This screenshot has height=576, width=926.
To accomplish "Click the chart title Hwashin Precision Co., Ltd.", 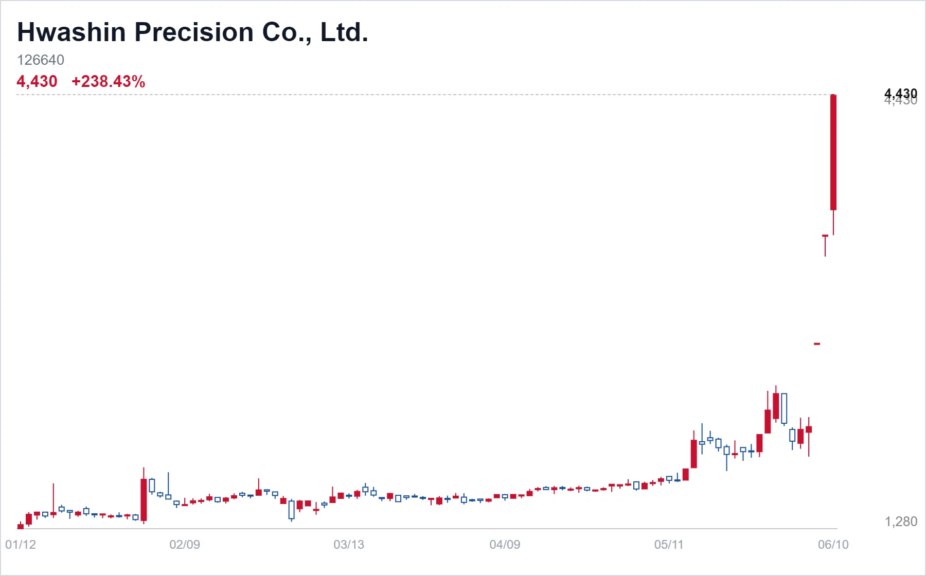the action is click(x=193, y=32).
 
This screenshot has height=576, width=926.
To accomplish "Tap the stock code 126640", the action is click(x=41, y=60).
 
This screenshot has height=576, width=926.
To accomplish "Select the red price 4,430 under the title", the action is click(x=37, y=81).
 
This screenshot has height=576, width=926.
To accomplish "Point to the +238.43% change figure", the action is click(x=109, y=81).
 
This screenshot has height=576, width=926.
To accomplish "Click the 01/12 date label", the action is click(x=21, y=545).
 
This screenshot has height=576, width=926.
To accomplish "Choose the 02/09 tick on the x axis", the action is click(x=185, y=545).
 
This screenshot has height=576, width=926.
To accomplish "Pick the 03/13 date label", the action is click(x=349, y=545).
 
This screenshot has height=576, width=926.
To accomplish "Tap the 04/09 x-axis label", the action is click(x=505, y=545).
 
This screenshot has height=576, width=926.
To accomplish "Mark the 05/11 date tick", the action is click(x=669, y=545).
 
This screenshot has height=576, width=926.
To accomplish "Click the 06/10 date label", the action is click(x=833, y=545).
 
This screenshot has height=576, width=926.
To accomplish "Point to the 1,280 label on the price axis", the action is click(x=901, y=521).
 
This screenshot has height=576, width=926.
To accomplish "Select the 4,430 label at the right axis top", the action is click(x=901, y=94).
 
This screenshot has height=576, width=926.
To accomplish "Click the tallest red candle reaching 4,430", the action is click(x=833, y=152).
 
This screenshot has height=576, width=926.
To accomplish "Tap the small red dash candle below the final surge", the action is click(x=817, y=344).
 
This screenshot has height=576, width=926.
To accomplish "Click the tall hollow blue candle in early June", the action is click(x=784, y=408).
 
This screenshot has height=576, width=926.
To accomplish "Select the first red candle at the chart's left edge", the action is click(x=21, y=526).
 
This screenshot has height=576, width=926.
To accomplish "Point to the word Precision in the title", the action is click(x=194, y=32).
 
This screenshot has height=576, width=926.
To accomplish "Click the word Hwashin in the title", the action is click(x=72, y=32).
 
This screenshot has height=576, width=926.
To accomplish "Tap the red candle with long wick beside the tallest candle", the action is click(x=825, y=246).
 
